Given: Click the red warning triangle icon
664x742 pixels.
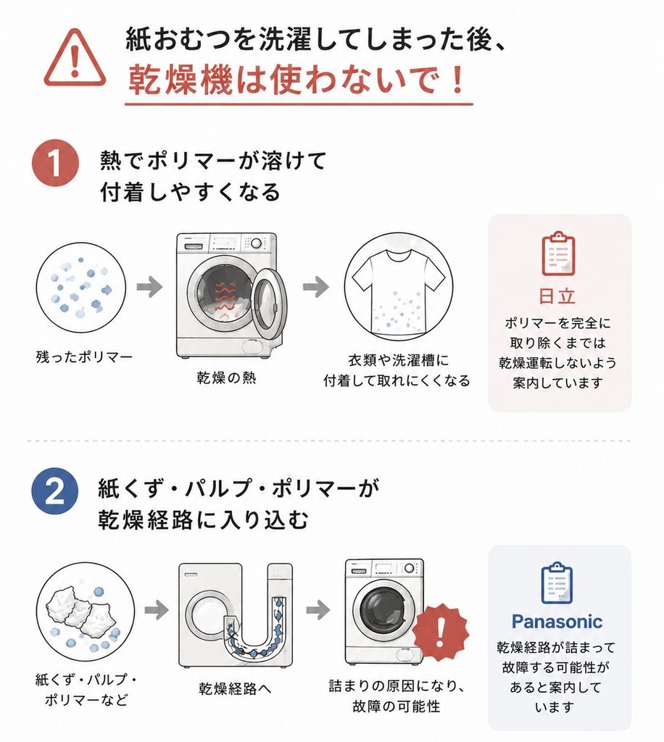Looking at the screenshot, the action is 75,59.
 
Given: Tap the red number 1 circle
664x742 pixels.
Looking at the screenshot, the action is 55,163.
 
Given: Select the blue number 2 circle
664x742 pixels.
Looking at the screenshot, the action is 55,492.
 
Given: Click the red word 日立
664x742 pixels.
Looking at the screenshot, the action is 557,296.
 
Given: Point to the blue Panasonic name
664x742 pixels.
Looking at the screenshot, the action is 557,621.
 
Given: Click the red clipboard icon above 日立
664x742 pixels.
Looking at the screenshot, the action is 558,254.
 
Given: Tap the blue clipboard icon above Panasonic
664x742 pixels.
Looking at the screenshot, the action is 557,583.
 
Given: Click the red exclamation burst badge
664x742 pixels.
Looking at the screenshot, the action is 440,632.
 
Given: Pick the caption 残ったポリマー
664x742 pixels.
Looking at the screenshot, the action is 84,357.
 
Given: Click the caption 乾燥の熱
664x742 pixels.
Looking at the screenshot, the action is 227,378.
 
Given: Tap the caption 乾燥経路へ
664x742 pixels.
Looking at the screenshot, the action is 235,688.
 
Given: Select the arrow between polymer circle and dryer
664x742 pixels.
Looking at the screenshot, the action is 149,287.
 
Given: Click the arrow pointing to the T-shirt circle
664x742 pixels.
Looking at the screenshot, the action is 315,286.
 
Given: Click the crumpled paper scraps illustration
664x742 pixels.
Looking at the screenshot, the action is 80,612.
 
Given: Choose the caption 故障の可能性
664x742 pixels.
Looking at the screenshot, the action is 397,706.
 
